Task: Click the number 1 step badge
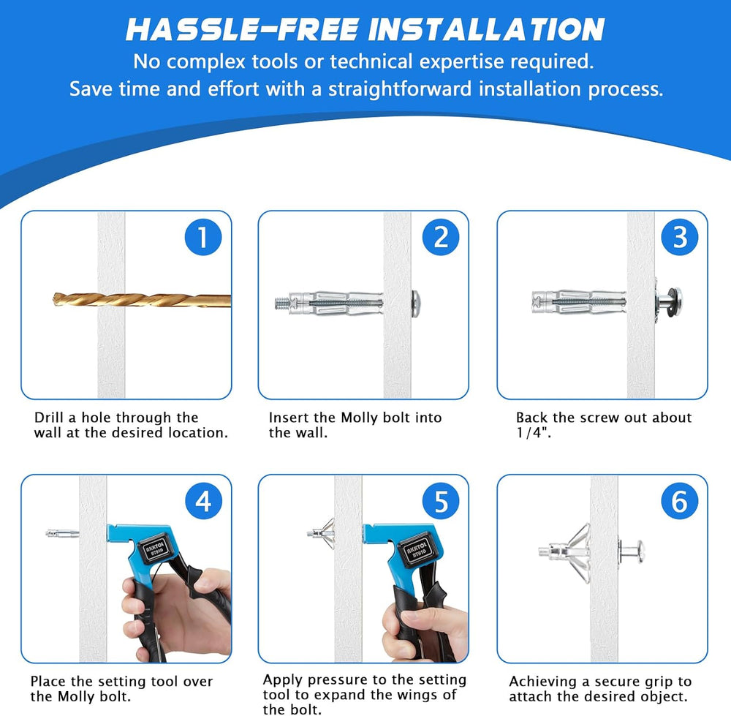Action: click(202, 237)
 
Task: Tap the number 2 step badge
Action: click(441, 237)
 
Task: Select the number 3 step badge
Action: click(680, 237)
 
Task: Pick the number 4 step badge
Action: click(203, 502)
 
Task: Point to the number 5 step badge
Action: click(441, 502)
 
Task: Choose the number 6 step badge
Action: click(680, 502)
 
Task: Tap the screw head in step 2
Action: click(416, 304)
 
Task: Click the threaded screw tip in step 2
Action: click(281, 304)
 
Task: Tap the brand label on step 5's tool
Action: click(416, 549)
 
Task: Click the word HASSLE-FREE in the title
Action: click(243, 30)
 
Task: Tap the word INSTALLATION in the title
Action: click(486, 30)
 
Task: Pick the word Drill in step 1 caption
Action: click(49, 417)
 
